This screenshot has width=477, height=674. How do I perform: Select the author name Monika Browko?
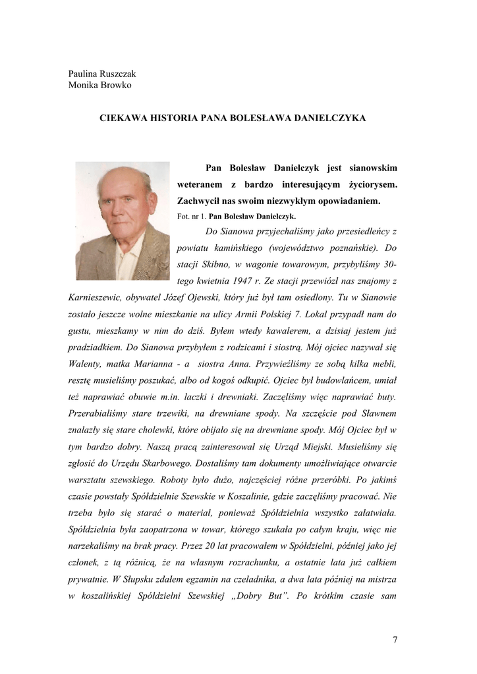point(99,85)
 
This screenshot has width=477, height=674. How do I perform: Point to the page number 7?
point(395,638)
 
